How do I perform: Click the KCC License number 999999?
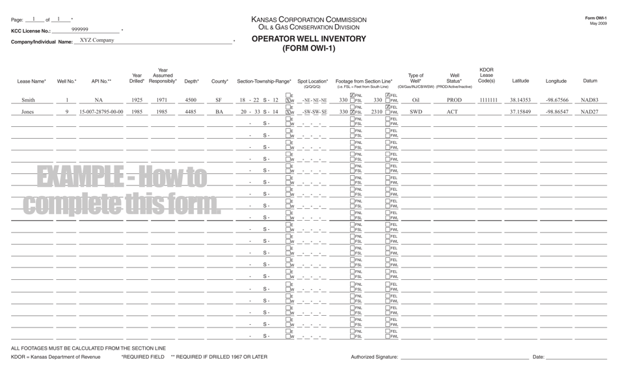tap(80, 29)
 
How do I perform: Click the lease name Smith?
tap(29, 100)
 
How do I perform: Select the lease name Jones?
tap(28, 112)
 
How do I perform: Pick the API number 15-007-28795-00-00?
tap(101, 112)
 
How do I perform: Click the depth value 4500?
tap(191, 100)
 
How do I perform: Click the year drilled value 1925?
tap(137, 100)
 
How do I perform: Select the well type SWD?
tap(416, 112)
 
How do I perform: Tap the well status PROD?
tap(454, 100)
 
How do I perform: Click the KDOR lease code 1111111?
tap(488, 100)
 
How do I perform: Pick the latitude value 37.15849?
tap(520, 112)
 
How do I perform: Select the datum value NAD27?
tap(589, 112)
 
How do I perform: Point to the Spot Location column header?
tap(313, 81)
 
